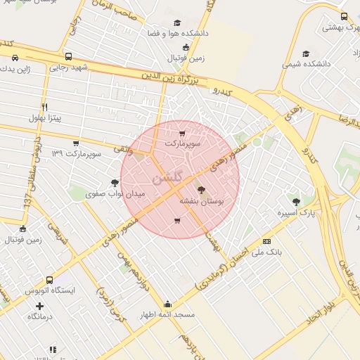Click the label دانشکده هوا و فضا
174,33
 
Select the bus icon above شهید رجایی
67,56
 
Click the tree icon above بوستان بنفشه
202,189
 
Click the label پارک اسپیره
295,212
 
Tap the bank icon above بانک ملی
266,240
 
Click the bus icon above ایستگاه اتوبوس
49,280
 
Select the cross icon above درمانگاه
39,306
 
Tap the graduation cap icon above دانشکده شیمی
305,53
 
